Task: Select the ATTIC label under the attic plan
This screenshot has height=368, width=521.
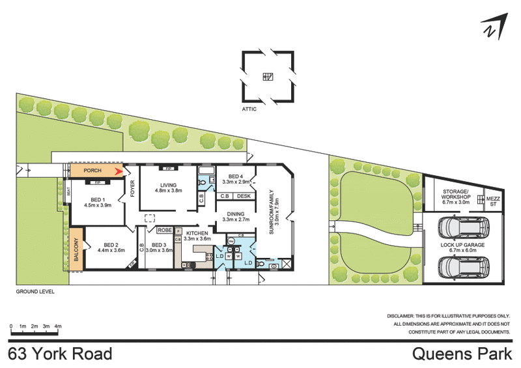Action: (x=249, y=109)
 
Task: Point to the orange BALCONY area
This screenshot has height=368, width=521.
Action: (x=76, y=249)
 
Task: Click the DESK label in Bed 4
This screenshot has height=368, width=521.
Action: (x=244, y=196)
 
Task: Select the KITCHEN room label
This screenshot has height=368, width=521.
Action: (x=196, y=233)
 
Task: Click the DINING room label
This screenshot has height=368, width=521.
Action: (x=236, y=214)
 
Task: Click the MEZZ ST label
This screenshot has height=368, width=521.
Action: (x=493, y=200)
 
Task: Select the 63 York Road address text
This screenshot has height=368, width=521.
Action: (x=60, y=354)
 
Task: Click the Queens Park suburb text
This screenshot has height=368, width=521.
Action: (x=462, y=354)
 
